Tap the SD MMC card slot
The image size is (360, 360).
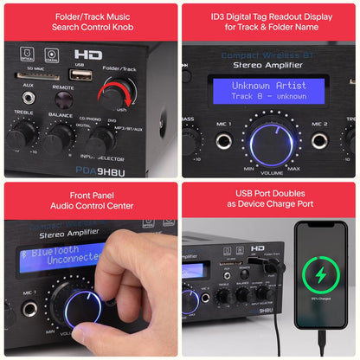tap(35, 76)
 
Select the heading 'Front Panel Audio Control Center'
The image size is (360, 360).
tap(89, 200)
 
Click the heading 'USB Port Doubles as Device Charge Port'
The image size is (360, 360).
tap(270, 200)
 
